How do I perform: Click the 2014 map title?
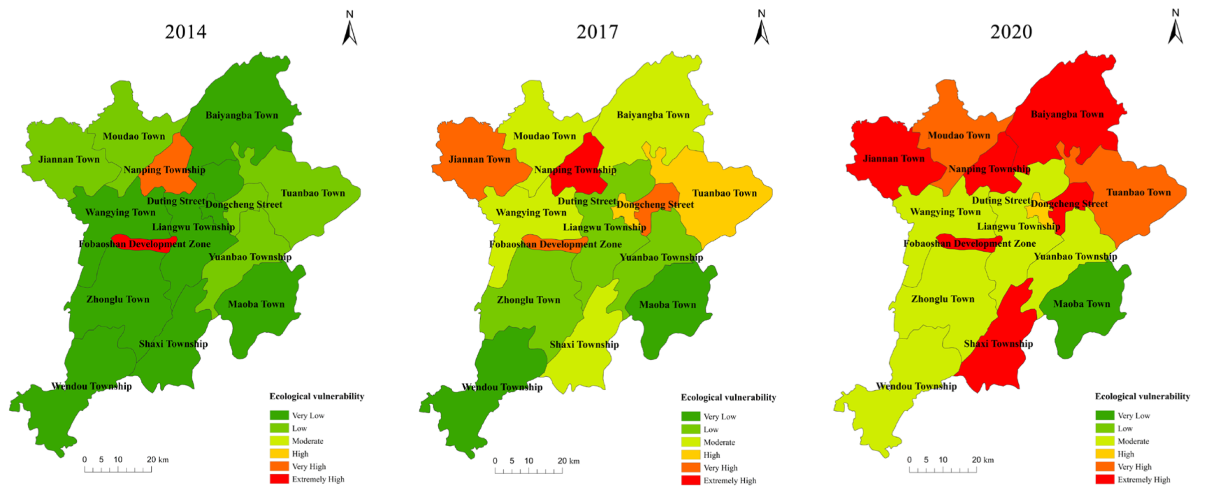(186, 32)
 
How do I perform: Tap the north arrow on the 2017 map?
(761, 28)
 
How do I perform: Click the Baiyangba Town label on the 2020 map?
(1067, 114)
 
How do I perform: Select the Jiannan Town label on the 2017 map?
(479, 159)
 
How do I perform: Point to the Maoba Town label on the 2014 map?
(256, 304)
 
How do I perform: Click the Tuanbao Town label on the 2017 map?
(724, 193)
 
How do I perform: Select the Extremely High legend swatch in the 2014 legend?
(279, 479)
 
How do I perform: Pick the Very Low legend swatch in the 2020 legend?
(1105, 416)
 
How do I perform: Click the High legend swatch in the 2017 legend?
(690, 455)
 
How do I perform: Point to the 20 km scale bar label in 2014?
(157, 460)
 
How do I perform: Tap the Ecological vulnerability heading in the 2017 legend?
(728, 398)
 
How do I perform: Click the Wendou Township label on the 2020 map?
(916, 386)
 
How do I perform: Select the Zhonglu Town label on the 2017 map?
(528, 300)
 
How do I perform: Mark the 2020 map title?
(1011, 32)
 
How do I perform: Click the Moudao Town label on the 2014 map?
(134, 136)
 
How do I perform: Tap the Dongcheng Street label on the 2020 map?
(1069, 204)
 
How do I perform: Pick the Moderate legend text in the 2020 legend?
(1133, 442)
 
